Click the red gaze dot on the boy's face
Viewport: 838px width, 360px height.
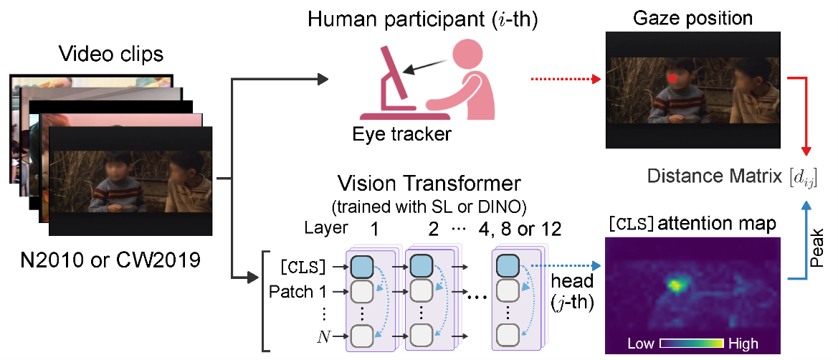tap(672, 77)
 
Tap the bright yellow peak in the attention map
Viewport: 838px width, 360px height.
tap(675, 285)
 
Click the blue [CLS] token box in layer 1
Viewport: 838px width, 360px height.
tap(362, 265)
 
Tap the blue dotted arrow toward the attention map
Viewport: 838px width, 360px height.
tap(566, 265)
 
